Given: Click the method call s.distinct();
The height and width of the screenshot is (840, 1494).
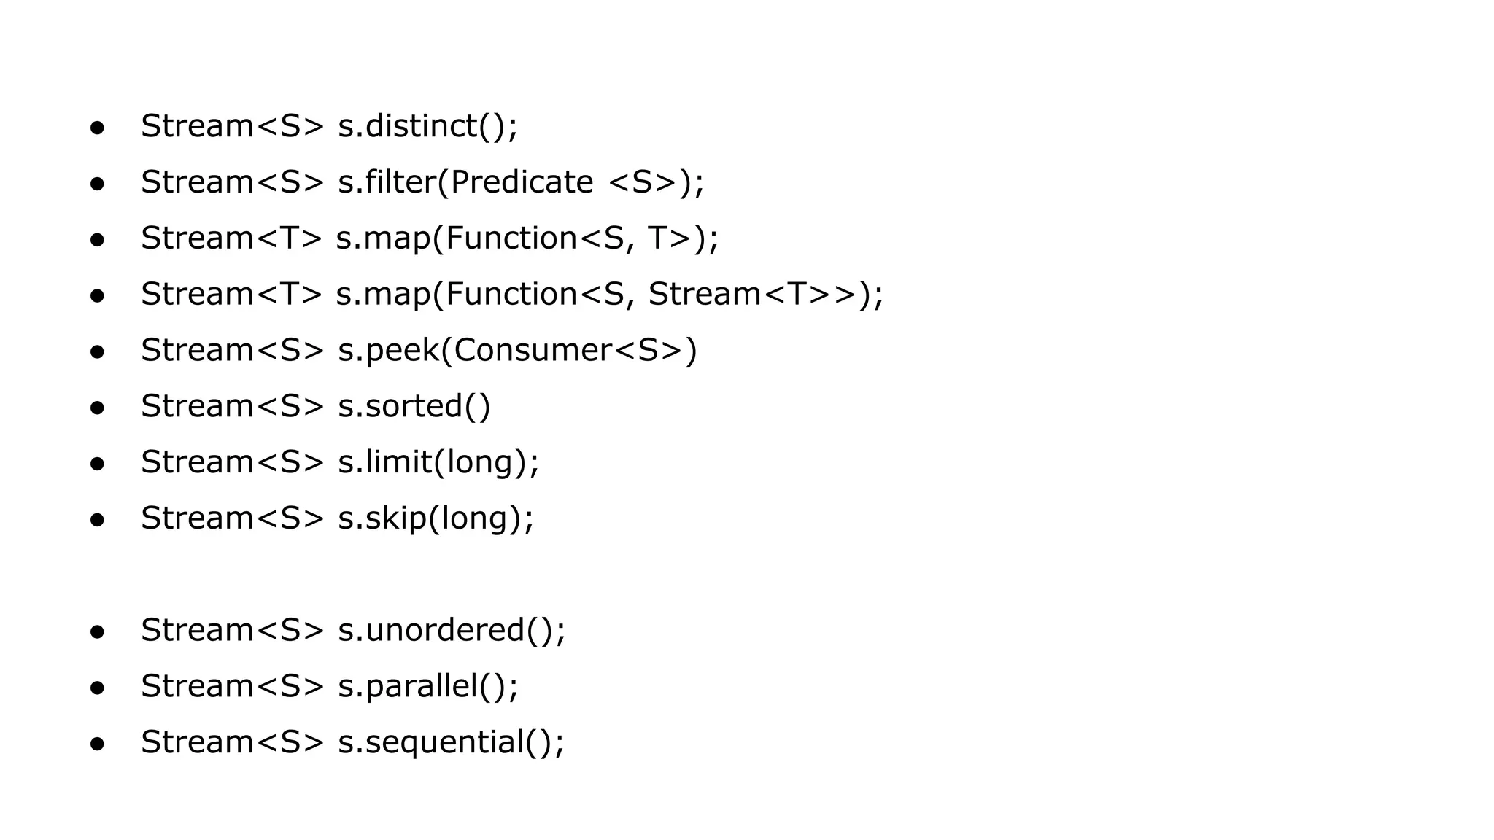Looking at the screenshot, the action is pyautogui.click(x=427, y=126).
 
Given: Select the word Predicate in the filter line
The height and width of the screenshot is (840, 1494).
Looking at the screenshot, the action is pyautogui.click(x=522, y=182).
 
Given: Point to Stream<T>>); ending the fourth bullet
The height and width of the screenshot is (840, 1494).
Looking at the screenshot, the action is pyautogui.click(x=765, y=295).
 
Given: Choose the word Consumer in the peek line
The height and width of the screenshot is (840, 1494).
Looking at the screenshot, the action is pyautogui.click(x=533, y=351).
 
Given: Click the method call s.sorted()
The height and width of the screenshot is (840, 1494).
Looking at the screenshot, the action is pyautogui.click(x=414, y=406).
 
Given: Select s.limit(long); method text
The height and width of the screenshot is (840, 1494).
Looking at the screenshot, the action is pyautogui.click(x=438, y=462).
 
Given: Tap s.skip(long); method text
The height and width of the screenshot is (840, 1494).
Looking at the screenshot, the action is pyautogui.click(x=436, y=518).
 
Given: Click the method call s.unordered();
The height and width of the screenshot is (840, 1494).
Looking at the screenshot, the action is pyautogui.click(x=452, y=631).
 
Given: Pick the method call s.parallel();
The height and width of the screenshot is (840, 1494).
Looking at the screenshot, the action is pyautogui.click(x=428, y=686).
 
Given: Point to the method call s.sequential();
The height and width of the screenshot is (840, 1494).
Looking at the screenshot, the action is pyautogui.click(x=451, y=742).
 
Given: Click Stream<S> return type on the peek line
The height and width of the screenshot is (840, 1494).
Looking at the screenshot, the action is pyautogui.click(x=232, y=351).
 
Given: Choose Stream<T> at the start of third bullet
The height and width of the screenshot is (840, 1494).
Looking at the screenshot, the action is pyautogui.click(x=231, y=238).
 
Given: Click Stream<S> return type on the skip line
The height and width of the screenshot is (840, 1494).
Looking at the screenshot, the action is pyautogui.click(x=232, y=518).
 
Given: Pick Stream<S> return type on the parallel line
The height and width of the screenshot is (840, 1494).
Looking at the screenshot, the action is pyautogui.click(x=232, y=686).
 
